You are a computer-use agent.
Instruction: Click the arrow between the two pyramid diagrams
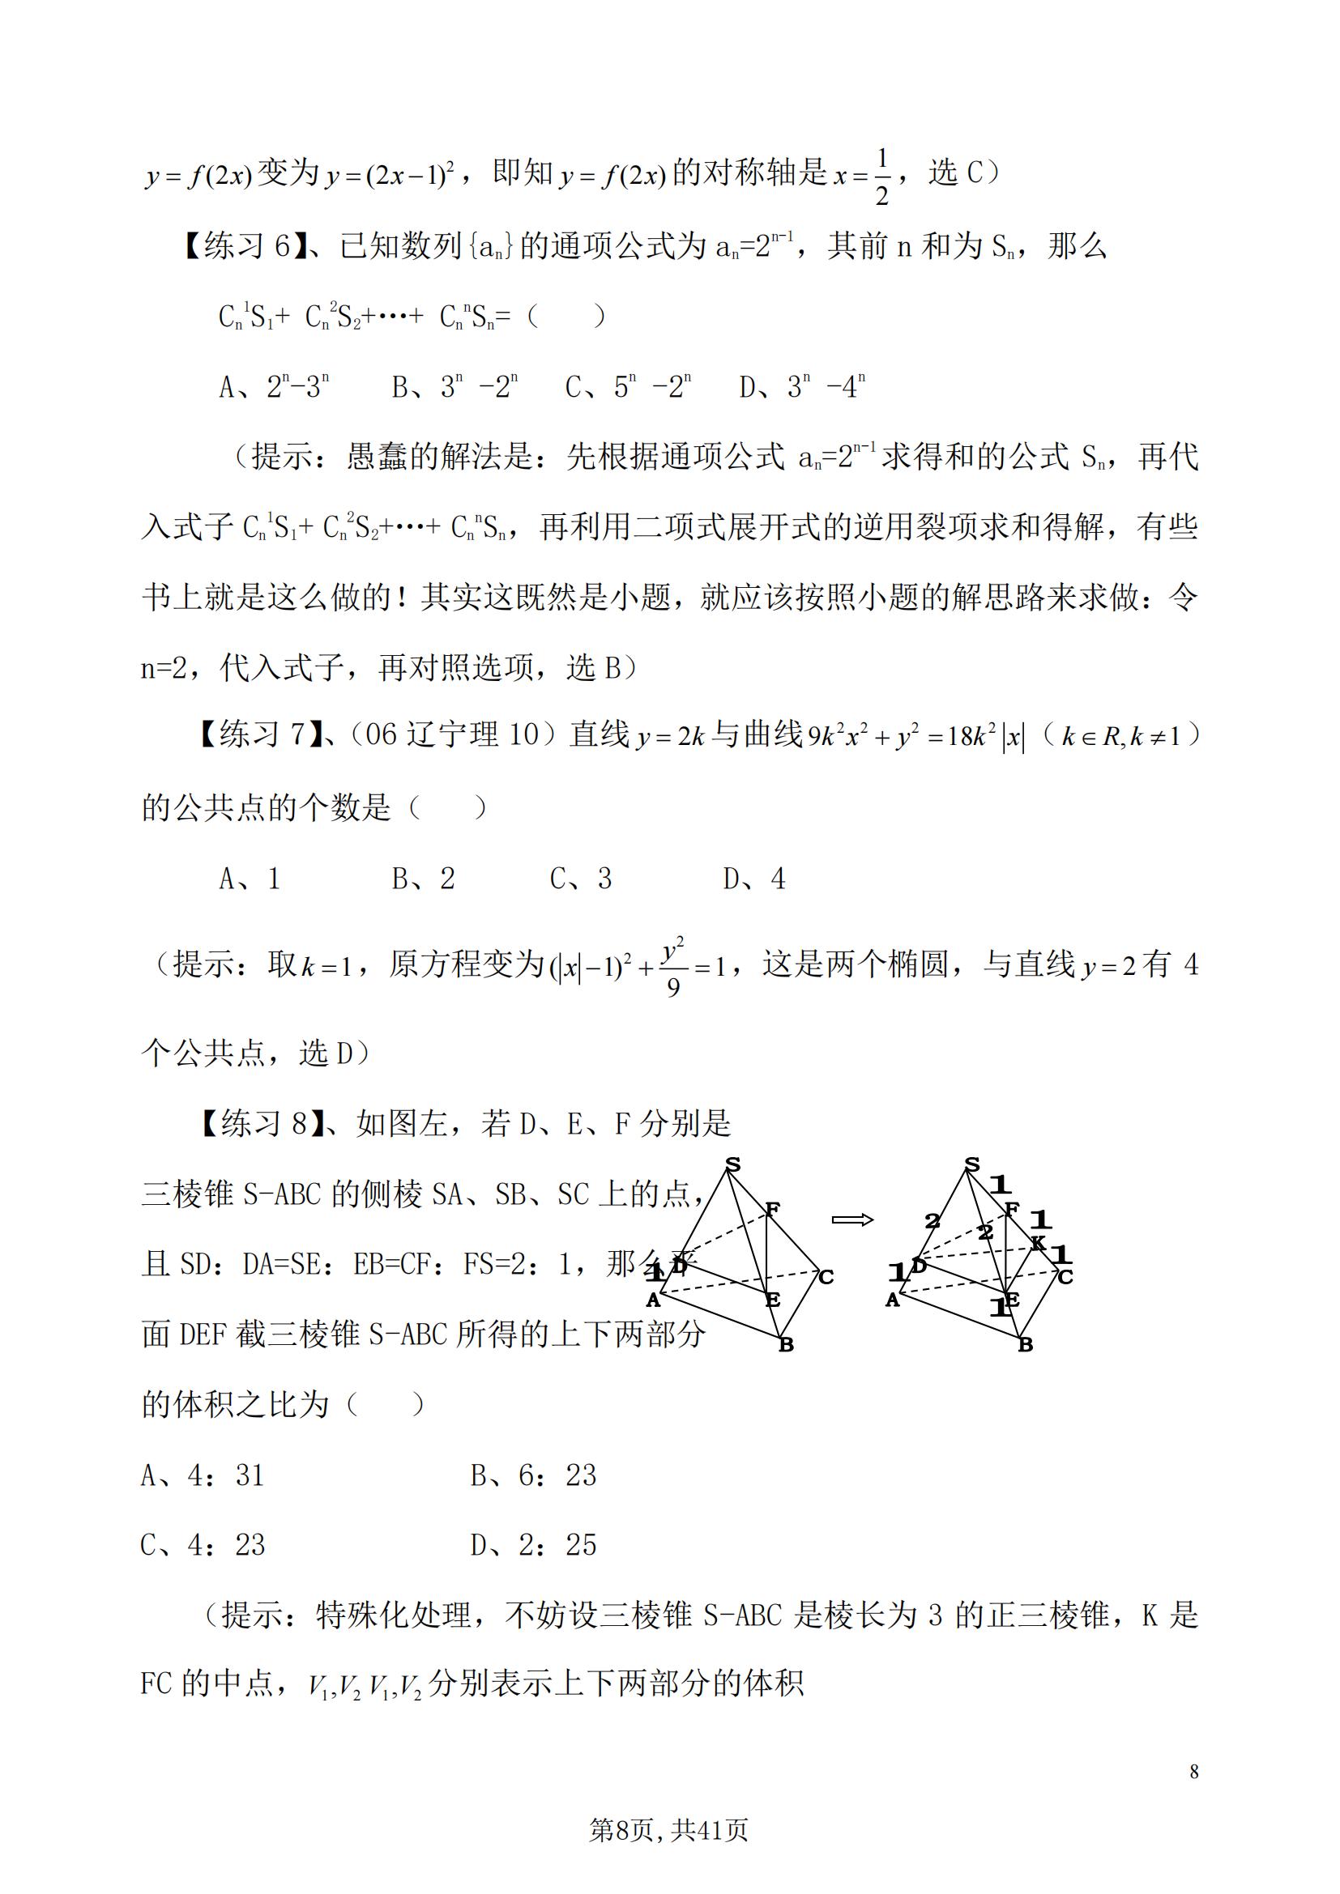(x=852, y=1219)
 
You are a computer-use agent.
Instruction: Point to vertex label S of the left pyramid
(x=732, y=1165)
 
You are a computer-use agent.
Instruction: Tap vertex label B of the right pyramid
(x=1026, y=1345)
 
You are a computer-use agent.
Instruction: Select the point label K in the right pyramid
(x=1038, y=1243)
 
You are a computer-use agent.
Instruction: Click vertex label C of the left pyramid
(x=826, y=1277)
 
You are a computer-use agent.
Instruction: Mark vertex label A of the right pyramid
(x=892, y=1300)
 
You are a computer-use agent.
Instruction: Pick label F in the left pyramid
(x=772, y=1209)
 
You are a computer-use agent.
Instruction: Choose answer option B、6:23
(x=533, y=1474)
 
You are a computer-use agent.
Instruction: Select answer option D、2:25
(x=533, y=1544)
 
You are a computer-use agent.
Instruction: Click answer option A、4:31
(x=203, y=1474)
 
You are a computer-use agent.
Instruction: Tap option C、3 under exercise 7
(x=581, y=879)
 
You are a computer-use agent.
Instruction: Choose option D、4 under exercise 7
(x=754, y=879)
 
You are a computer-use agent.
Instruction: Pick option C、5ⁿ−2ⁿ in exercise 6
(x=628, y=386)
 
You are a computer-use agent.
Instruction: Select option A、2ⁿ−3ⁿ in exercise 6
(x=274, y=386)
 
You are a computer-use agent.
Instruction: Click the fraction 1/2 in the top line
(x=881, y=176)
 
